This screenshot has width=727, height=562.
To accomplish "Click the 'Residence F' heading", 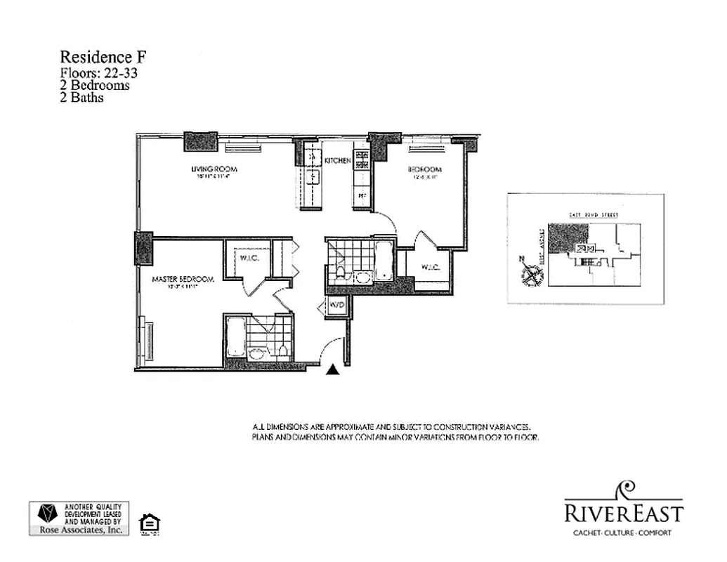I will [103, 57].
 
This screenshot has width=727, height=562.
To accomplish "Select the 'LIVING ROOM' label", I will [214, 169].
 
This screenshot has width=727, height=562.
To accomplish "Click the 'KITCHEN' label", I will [337, 161].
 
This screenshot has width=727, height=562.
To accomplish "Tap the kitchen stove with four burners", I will [361, 162].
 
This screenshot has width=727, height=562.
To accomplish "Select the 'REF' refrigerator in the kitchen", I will [362, 195].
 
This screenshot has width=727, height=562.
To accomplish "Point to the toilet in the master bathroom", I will [282, 349].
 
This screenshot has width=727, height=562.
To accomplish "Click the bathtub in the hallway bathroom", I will [384, 261].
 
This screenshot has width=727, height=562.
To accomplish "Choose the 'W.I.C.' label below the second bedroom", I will [430, 268].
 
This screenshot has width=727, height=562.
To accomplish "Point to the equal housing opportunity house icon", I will [150, 523].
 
